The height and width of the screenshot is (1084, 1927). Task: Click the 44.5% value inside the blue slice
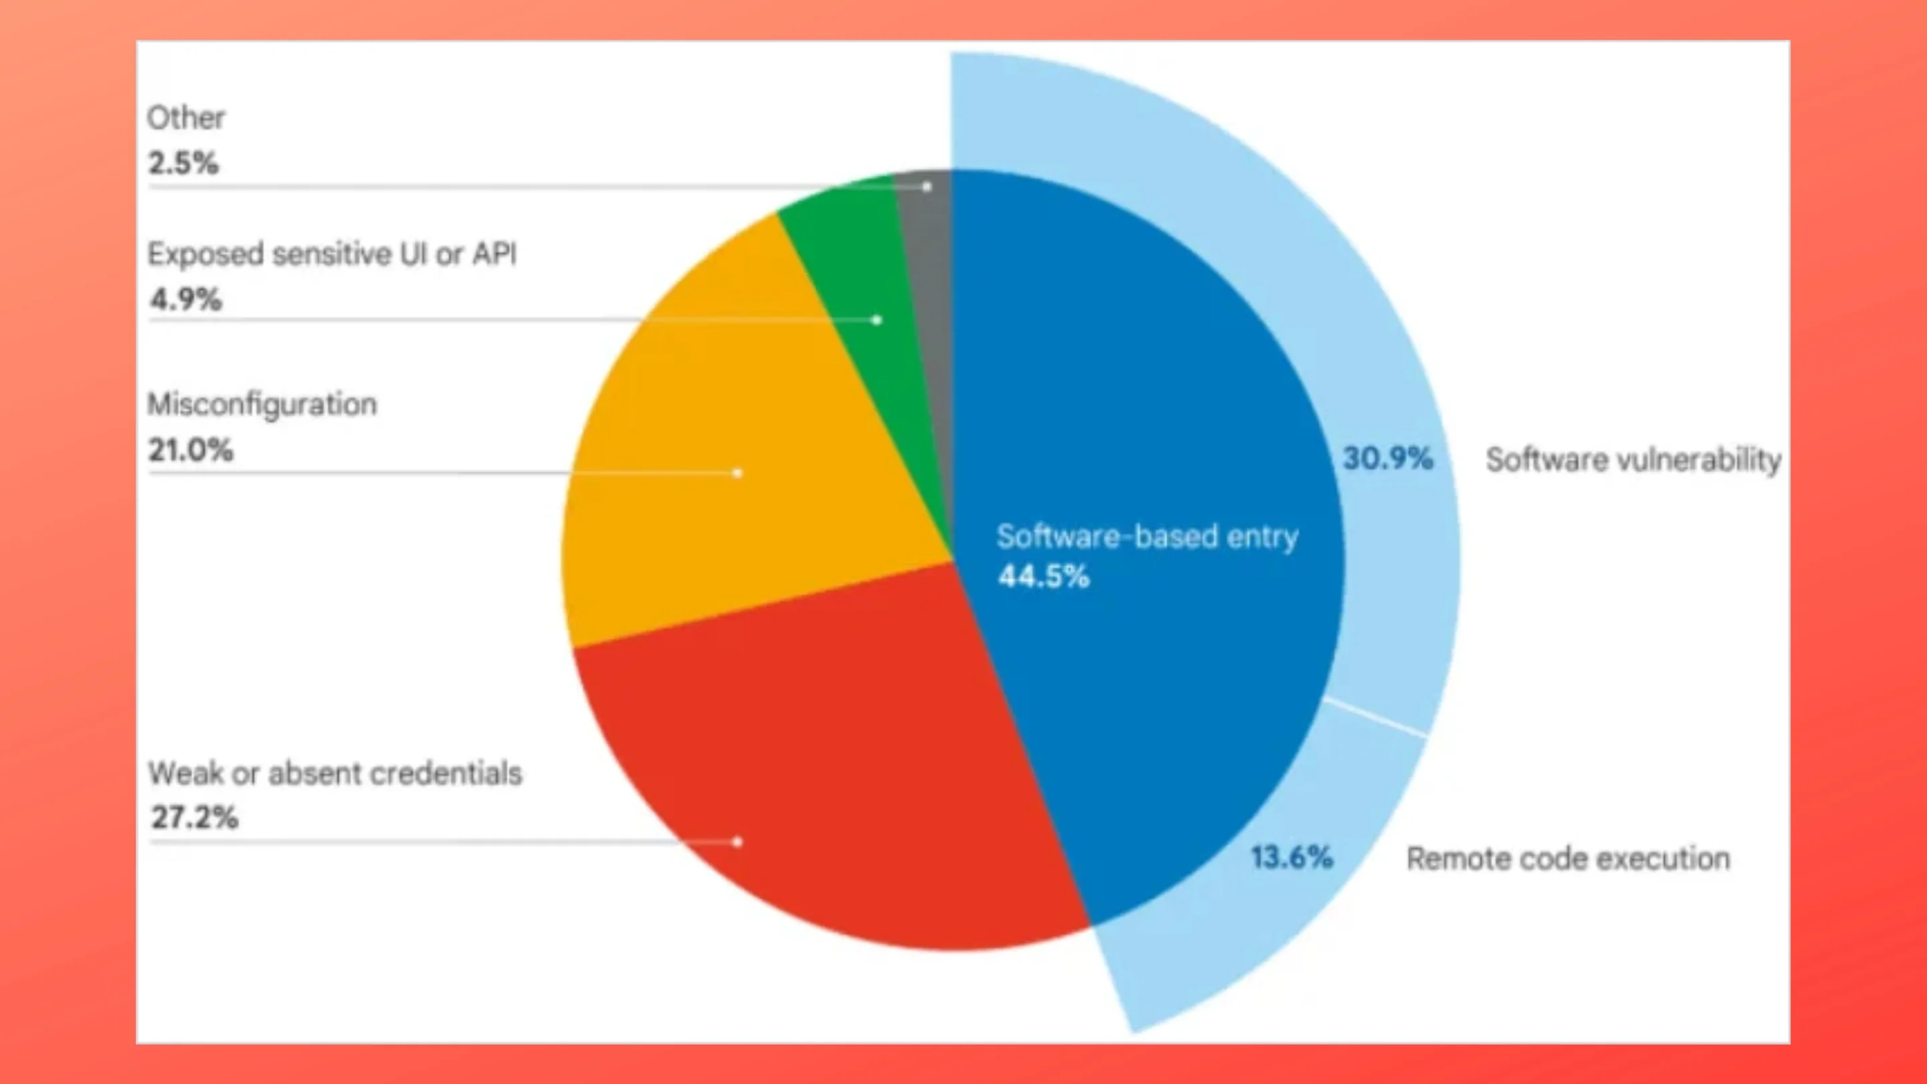tap(1044, 577)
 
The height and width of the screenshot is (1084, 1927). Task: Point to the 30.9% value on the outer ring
tap(1388, 458)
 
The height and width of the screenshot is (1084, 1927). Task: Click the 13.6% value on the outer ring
tap(1292, 857)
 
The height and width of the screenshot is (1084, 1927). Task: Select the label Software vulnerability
tap(1633, 459)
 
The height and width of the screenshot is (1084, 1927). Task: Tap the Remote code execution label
tap(1568, 858)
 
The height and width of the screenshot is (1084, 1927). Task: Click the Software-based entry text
tap(1148, 537)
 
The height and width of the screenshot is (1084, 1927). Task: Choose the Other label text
tap(185, 118)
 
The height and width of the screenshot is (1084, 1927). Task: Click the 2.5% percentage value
tap(183, 163)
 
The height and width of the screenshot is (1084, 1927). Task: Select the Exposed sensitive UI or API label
tap(332, 254)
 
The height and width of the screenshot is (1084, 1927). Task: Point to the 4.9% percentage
tap(185, 299)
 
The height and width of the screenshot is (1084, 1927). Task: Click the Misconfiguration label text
tap(262, 405)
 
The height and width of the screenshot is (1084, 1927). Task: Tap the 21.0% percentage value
tap(191, 450)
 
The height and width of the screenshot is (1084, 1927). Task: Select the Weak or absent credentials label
tap(335, 774)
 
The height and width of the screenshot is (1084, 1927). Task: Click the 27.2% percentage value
tap(195, 818)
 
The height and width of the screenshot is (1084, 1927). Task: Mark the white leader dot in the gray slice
tap(927, 186)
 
